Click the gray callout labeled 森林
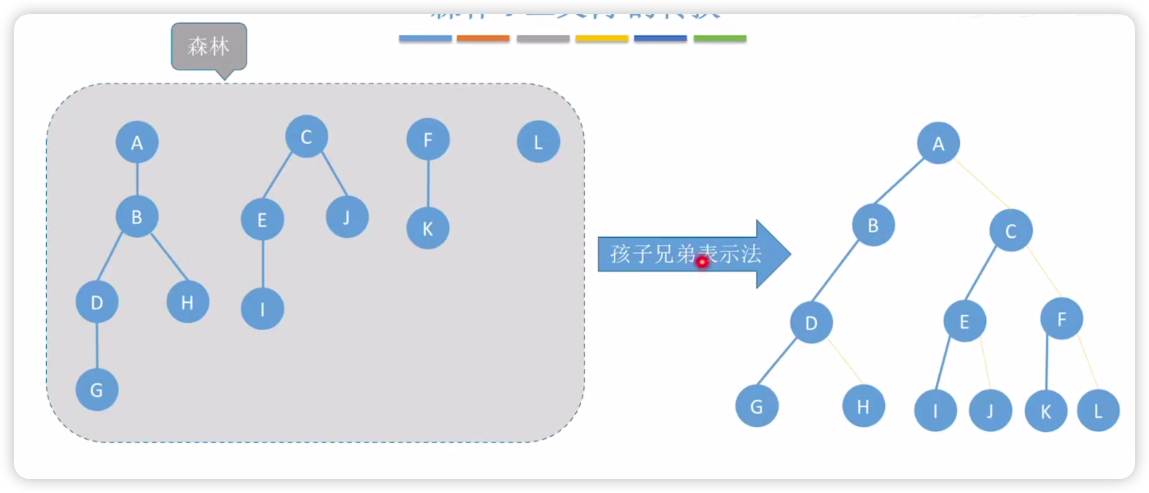209,47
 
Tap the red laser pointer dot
702,262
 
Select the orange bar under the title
483,39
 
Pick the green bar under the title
720,39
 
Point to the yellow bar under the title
602,39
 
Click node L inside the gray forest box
538,142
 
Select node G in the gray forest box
97,390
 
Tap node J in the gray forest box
347,217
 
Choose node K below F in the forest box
428,229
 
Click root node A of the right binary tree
938,143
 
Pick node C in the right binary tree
1010,231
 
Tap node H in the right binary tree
863,406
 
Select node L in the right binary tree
1098,410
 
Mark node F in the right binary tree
1061,318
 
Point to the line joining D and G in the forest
97,346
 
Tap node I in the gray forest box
262,309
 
